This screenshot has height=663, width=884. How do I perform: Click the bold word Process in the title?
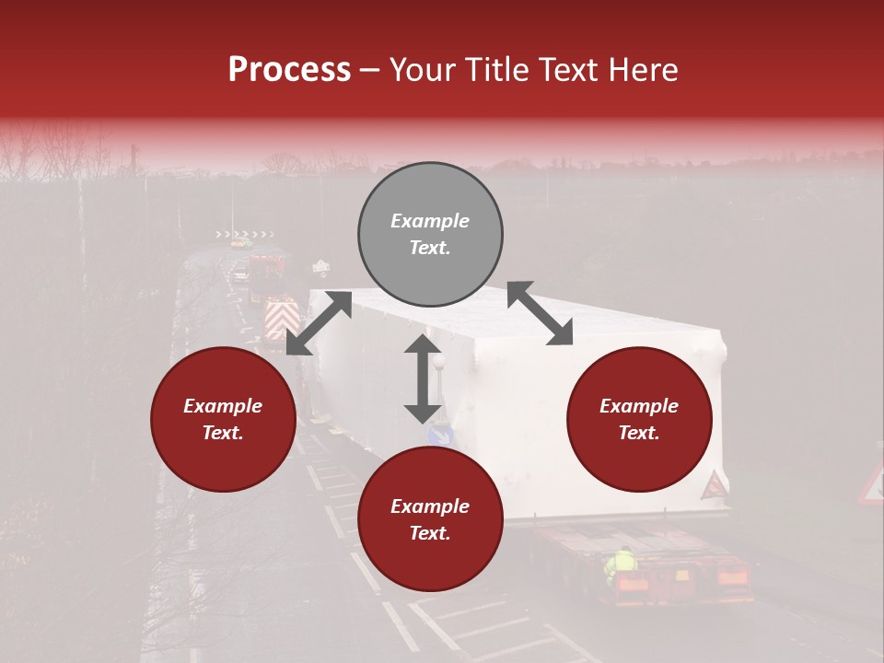pos(289,70)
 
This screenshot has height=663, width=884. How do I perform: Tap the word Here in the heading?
pos(641,70)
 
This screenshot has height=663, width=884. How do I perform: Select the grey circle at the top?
pos(430,234)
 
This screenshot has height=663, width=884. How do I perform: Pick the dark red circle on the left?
pos(223,419)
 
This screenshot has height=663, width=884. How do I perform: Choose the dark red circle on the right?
pos(639,419)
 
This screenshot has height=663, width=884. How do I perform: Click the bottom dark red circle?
pos(430,519)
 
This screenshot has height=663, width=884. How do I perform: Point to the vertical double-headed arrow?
pos(423,378)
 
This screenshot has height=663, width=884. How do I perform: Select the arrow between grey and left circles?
pos(319,323)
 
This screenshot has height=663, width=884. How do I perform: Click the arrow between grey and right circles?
pos(540,314)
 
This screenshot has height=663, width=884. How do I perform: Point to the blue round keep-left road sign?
pos(441,436)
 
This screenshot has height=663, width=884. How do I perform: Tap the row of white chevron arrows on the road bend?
pos(245,234)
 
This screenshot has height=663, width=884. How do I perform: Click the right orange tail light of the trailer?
pos(732,578)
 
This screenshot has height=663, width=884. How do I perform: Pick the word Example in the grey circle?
pos(430,221)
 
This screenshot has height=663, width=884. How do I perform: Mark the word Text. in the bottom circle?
pos(430,533)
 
